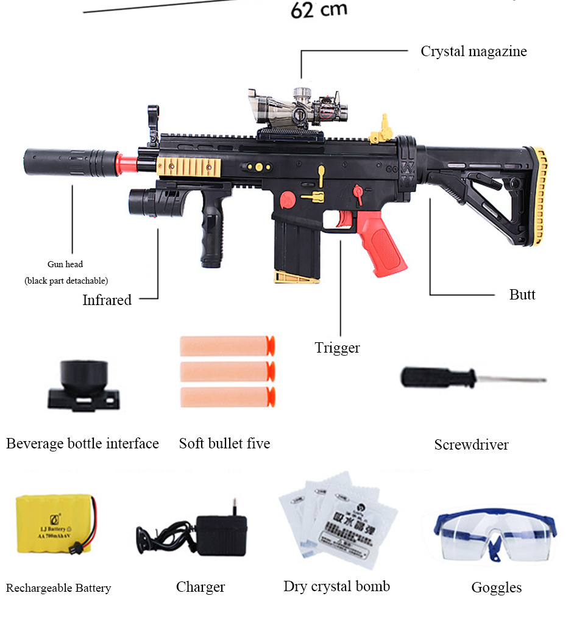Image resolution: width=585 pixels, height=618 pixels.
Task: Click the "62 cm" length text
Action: pyautogui.click(x=319, y=10)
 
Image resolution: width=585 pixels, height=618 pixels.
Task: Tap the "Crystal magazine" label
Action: pyautogui.click(x=473, y=51)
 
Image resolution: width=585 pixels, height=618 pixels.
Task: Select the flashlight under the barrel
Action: pyautogui.click(x=152, y=202)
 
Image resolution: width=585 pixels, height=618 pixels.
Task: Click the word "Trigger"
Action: pyautogui.click(x=337, y=348)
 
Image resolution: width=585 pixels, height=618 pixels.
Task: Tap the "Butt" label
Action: pyautogui.click(x=522, y=295)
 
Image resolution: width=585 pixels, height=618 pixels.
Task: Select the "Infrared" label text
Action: pyautogui.click(x=107, y=300)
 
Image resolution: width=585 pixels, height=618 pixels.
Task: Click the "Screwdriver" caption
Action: pyautogui.click(x=471, y=445)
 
